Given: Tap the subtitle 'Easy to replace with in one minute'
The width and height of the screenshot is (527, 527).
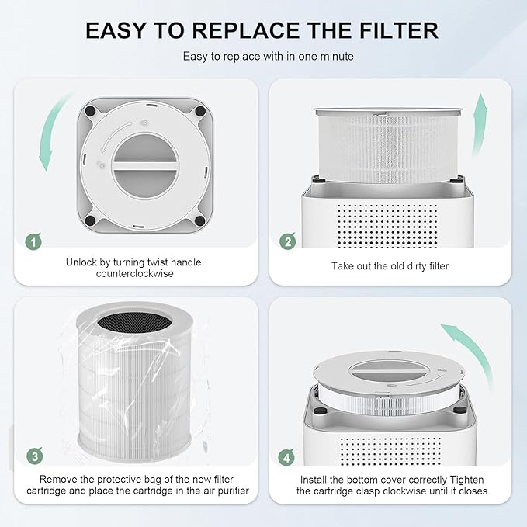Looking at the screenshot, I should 262,56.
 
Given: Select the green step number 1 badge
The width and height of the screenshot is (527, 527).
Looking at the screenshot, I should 32,241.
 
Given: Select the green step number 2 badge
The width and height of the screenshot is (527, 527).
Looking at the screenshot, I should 287,241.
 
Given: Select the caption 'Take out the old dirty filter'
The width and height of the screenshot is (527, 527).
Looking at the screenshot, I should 390,266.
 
